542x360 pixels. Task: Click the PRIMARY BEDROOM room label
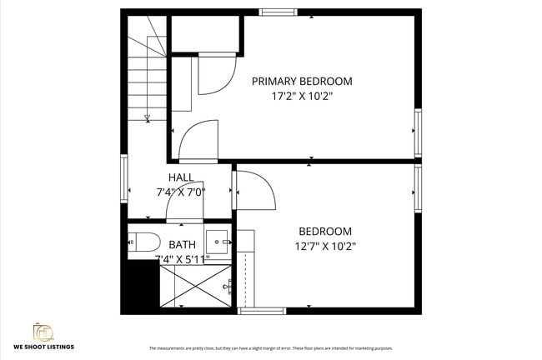click(x=302, y=81)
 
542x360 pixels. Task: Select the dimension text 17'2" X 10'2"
click(x=302, y=96)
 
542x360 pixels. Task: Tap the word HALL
click(x=181, y=177)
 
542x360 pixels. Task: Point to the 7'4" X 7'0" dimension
click(x=181, y=192)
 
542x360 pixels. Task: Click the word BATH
click(x=182, y=245)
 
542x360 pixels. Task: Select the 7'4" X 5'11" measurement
click(x=182, y=259)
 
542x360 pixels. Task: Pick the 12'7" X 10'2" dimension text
click(x=325, y=246)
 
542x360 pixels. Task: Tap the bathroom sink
click(x=218, y=242)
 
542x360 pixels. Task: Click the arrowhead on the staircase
click(x=148, y=117)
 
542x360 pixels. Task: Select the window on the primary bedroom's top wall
click(x=278, y=12)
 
